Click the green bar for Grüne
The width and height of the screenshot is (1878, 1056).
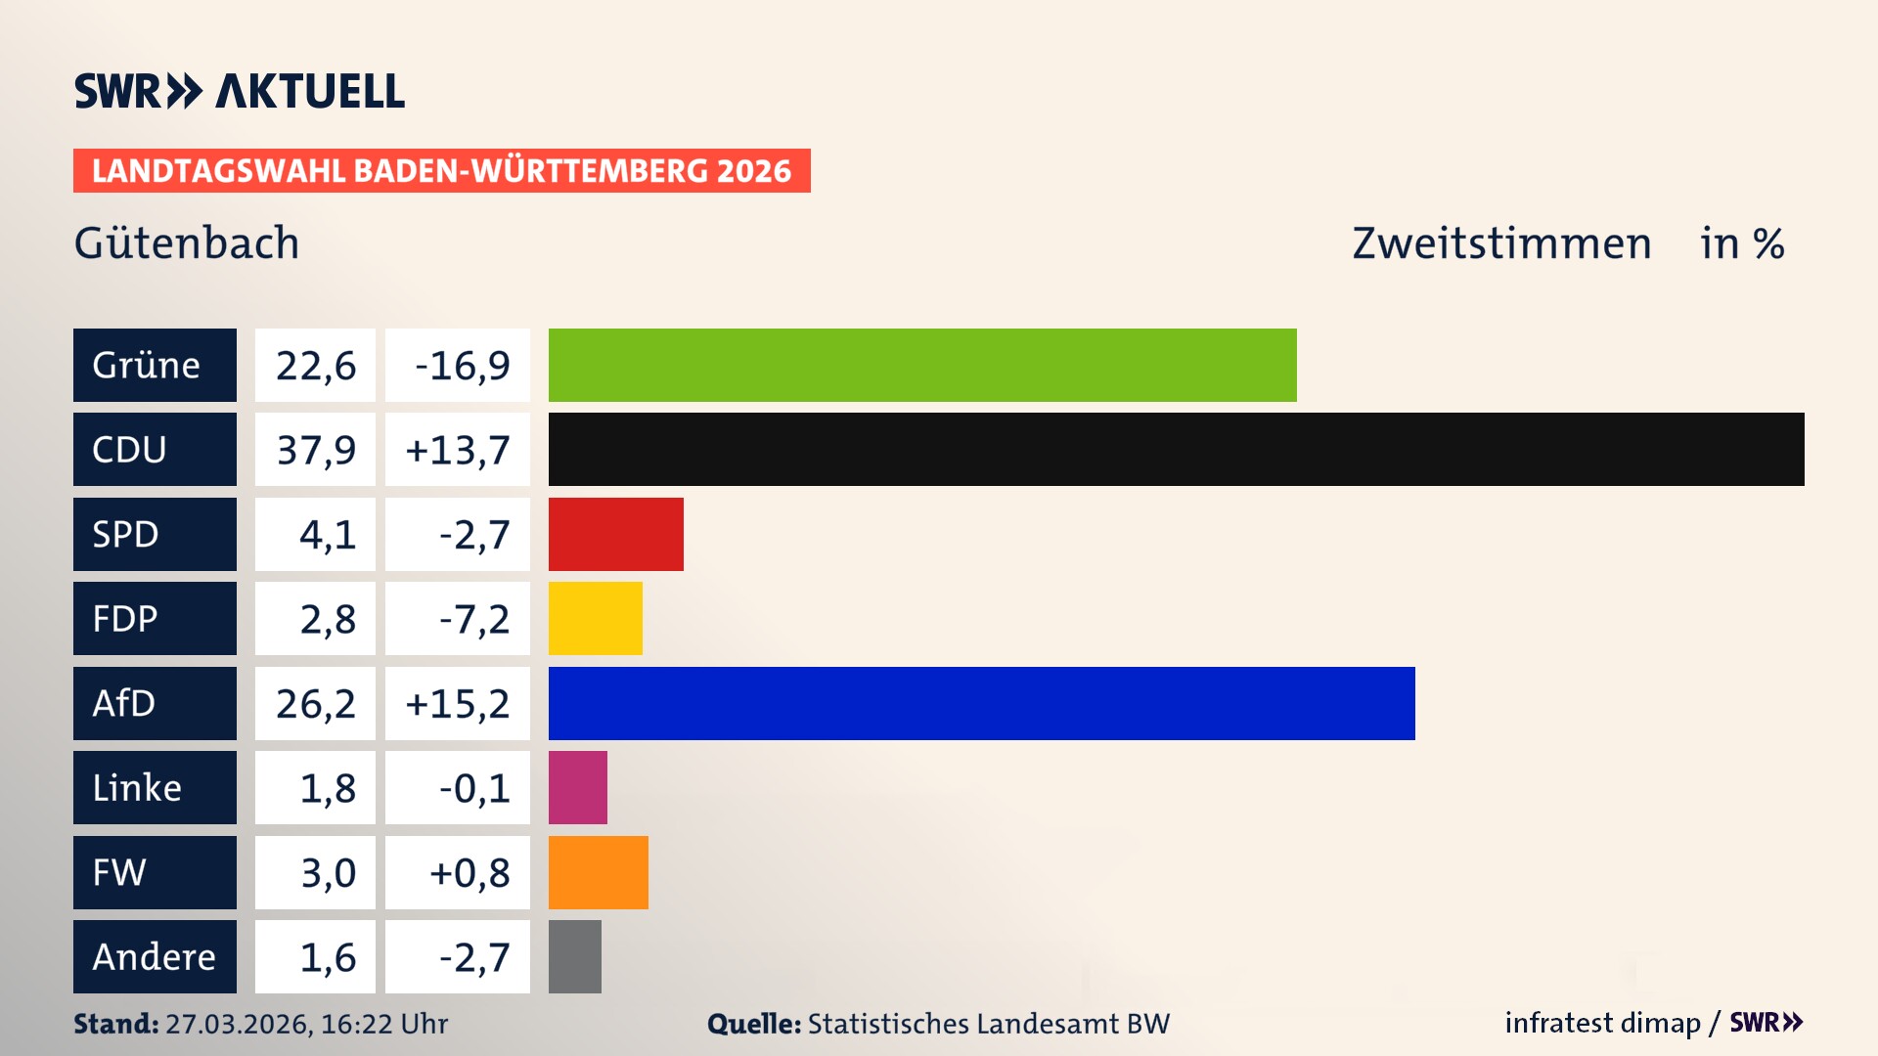click(922, 365)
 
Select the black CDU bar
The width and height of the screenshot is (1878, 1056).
click(1176, 450)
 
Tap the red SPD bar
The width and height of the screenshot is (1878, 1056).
click(615, 534)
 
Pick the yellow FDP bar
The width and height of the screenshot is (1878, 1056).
click(595, 618)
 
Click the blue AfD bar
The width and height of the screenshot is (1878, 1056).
click(981, 703)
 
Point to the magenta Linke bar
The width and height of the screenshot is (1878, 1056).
click(577, 787)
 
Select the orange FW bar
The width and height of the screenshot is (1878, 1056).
click(598, 872)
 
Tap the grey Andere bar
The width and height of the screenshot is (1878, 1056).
click(574, 956)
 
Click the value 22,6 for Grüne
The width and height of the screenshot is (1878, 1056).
click(315, 366)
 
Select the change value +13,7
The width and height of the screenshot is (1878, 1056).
click(457, 450)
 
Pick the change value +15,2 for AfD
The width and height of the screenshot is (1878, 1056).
click(457, 703)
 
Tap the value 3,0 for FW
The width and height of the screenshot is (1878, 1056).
click(327, 872)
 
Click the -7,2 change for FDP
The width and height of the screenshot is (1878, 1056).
click(473, 619)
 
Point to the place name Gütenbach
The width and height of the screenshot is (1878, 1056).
click(187, 243)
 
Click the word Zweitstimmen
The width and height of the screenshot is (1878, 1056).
click(1500, 243)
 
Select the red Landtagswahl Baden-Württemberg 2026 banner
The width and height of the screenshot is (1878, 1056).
click(441, 171)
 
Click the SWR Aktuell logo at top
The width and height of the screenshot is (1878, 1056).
click(240, 91)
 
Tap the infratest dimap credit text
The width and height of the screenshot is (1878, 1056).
click(1602, 1023)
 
